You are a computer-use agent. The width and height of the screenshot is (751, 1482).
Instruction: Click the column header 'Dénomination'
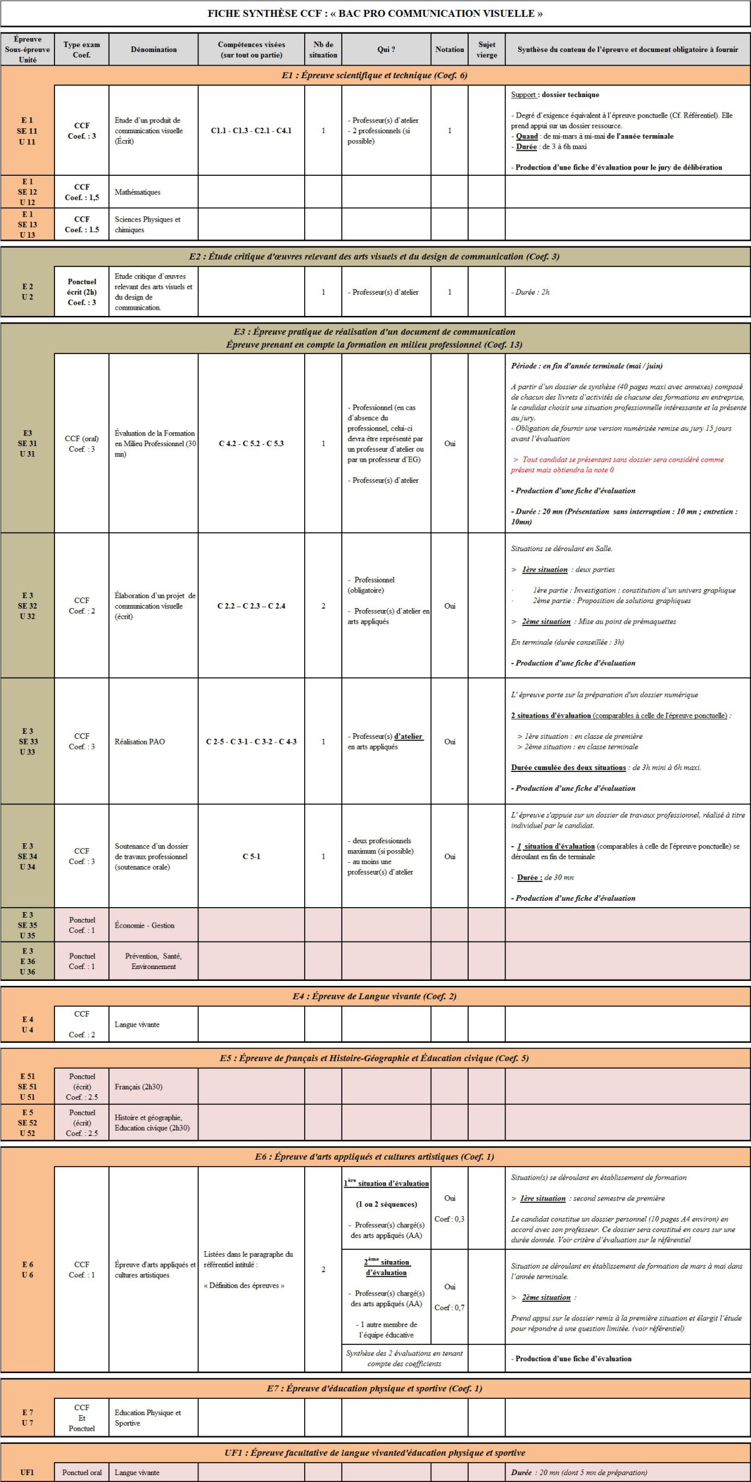tap(153, 49)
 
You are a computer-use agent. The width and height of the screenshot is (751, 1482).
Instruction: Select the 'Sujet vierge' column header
tap(486, 49)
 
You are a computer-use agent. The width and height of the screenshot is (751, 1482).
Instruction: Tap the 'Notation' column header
tap(449, 49)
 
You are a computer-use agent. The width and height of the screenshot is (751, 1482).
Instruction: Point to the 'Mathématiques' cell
tap(138, 192)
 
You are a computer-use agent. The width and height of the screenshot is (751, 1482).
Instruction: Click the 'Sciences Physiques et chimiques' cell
tap(148, 225)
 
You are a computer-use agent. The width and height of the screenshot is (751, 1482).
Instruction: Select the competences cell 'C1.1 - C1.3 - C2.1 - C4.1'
tap(251, 131)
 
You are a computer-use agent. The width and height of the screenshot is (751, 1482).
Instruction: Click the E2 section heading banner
tap(374, 256)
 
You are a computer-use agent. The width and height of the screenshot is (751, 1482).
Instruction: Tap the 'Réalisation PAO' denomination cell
tap(140, 741)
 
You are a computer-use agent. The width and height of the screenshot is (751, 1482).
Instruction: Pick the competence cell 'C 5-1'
tap(251, 856)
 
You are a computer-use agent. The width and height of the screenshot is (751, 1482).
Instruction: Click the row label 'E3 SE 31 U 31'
tap(28, 444)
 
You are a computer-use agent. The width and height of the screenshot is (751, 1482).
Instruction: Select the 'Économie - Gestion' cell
tap(145, 925)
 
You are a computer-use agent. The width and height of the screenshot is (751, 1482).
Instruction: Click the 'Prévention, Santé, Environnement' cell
tap(153, 961)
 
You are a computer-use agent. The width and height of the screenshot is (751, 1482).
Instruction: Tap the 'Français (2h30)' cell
tap(138, 1087)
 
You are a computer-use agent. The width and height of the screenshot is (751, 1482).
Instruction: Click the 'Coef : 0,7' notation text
tap(449, 1307)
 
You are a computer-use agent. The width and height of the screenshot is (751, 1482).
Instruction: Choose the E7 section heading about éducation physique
tap(374, 1388)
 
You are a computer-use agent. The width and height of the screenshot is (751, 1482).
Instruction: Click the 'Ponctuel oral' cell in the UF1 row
tap(82, 1472)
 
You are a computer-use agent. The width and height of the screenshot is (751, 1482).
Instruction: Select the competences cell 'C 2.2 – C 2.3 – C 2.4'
tap(251, 606)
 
